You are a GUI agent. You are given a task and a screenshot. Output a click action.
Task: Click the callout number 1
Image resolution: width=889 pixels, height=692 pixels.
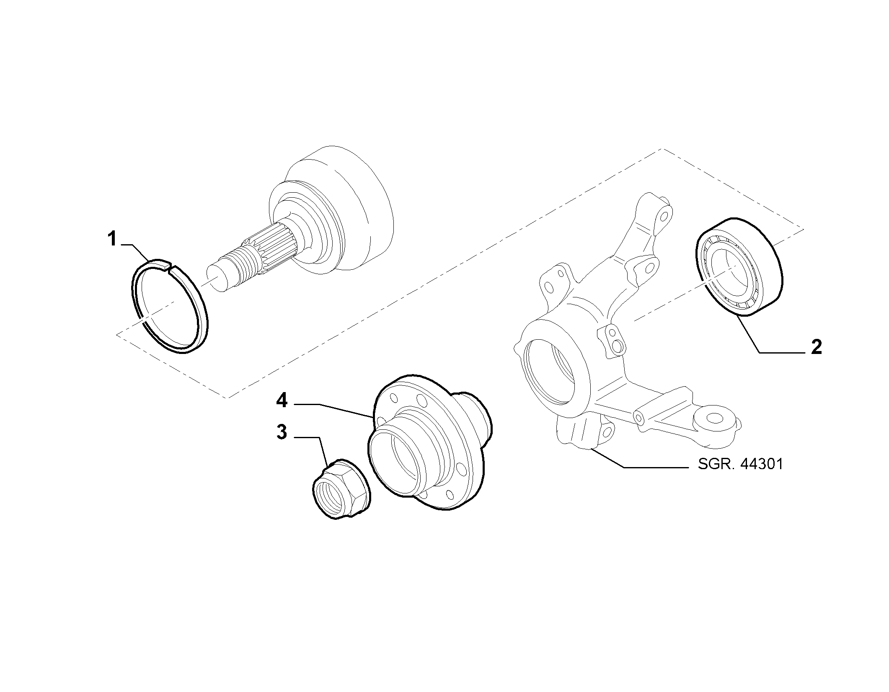[112, 240]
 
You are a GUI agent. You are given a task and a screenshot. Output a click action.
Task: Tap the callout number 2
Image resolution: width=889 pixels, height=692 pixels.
[816, 347]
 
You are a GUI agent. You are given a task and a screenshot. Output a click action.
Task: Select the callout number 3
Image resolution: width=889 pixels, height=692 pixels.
[282, 432]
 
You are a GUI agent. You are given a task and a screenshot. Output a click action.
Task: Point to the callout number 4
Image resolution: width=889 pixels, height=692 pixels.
[282, 401]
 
